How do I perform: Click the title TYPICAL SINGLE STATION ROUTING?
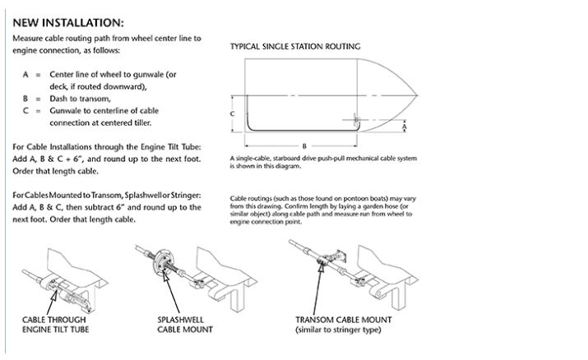294,47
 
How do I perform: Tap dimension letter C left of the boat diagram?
234,113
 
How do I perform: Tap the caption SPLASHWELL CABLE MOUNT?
185,324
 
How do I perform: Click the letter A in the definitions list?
26,73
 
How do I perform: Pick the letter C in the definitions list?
26,109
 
